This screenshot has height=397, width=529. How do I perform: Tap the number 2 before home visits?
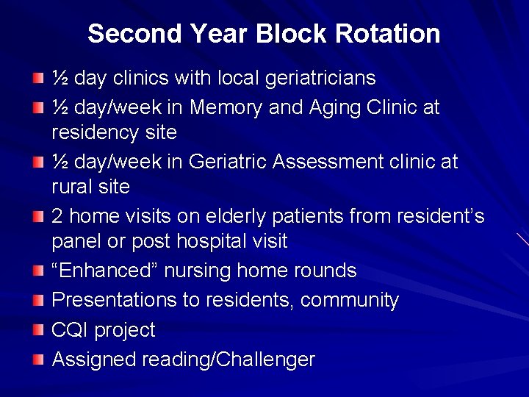click(57, 216)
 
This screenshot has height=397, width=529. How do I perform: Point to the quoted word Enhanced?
click(105, 271)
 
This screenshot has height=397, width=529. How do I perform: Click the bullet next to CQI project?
click(37, 330)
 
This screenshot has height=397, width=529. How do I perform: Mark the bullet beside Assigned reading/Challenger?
click(37, 360)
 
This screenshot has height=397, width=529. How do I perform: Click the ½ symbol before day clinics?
click(60, 78)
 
